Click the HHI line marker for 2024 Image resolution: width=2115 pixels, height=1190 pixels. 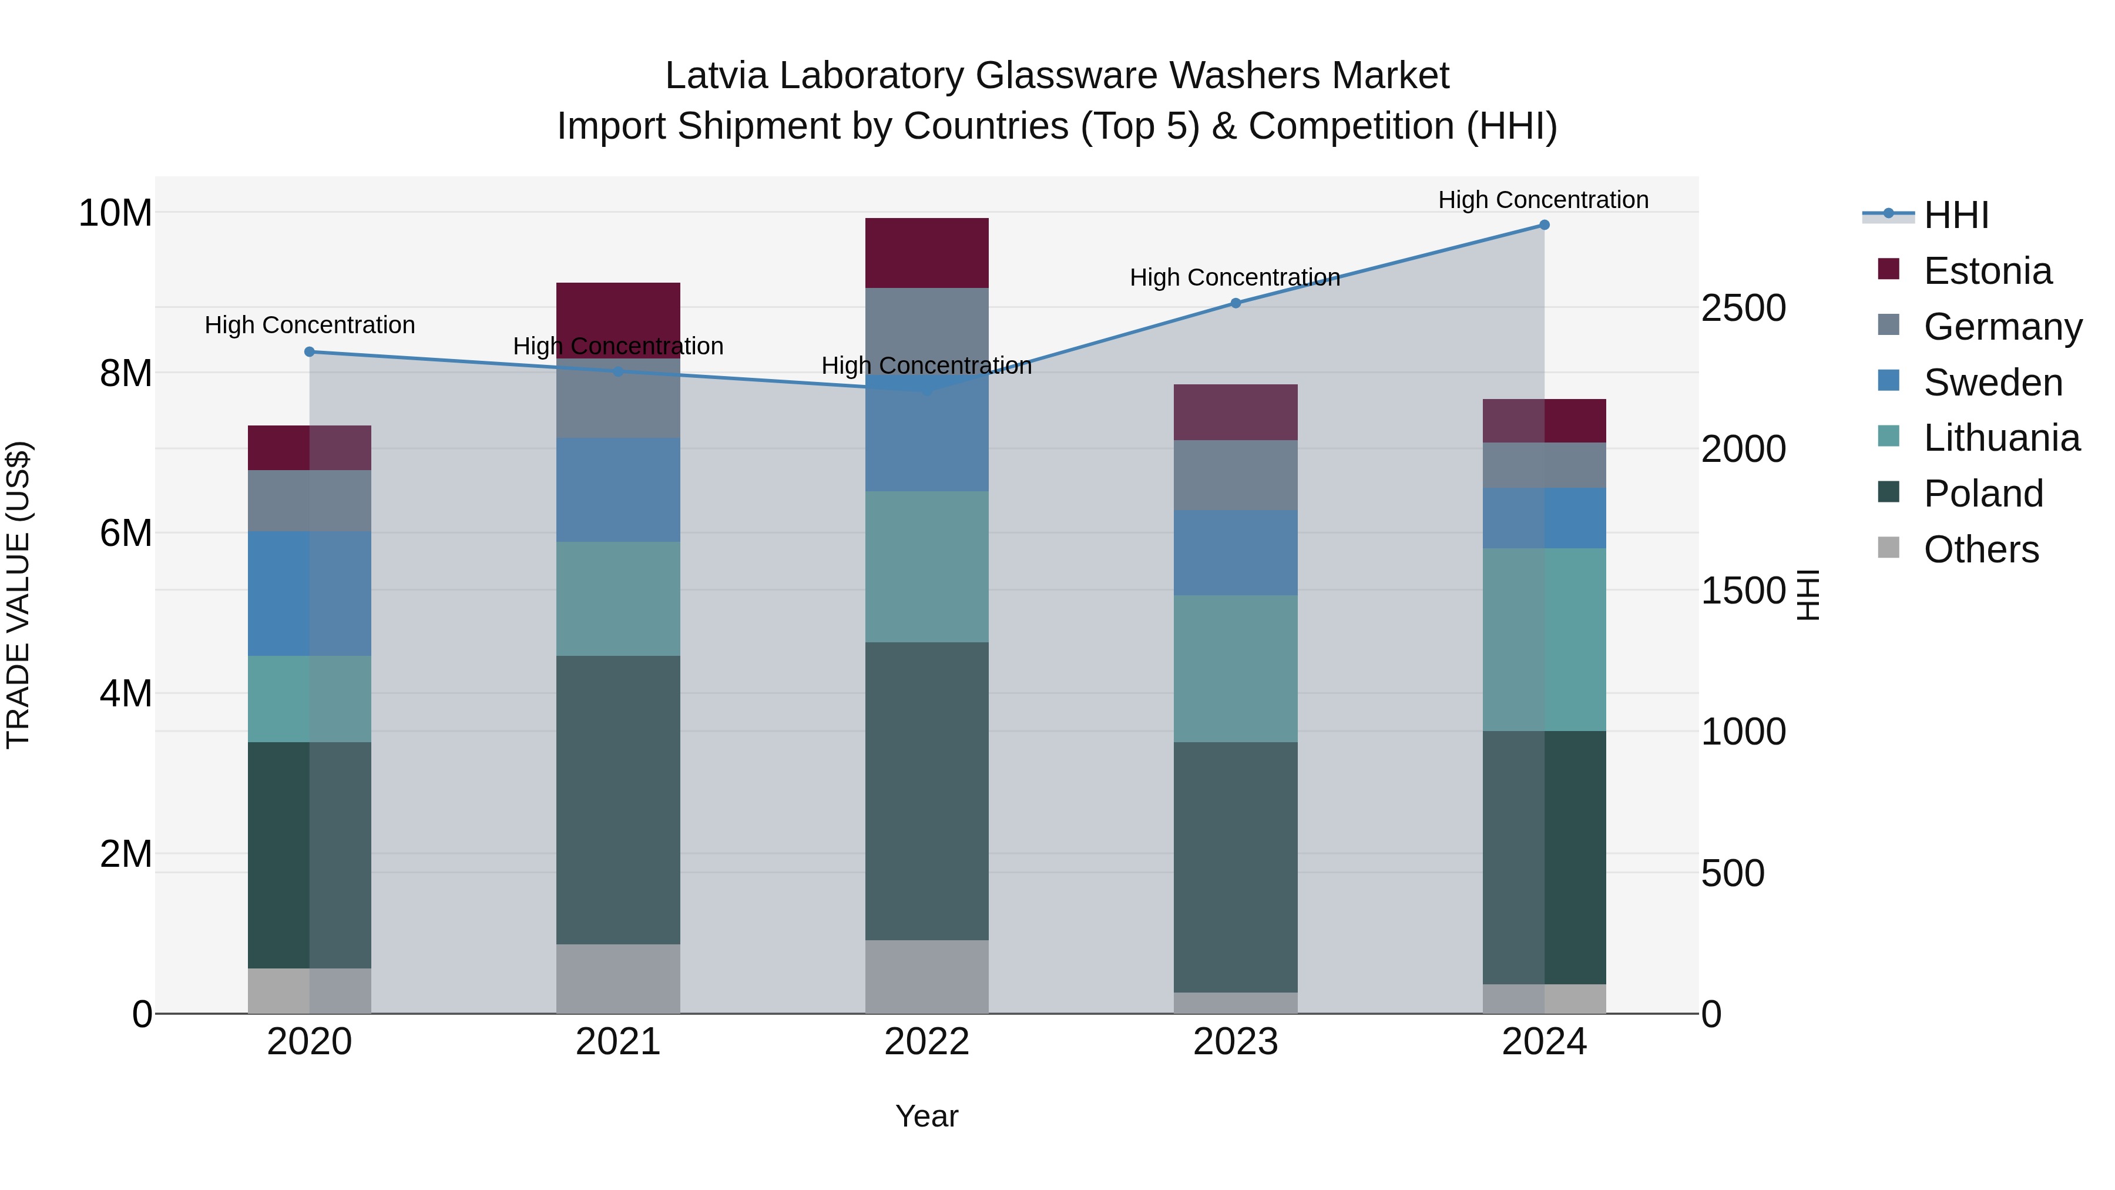point(1543,225)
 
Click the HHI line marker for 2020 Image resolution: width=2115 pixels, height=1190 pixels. point(310,351)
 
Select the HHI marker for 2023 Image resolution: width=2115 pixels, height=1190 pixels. point(1236,303)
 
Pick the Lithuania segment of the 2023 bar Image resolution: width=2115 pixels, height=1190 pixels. point(1235,669)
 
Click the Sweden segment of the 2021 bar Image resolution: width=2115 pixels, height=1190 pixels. point(617,490)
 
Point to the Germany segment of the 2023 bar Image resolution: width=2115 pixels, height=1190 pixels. point(1235,475)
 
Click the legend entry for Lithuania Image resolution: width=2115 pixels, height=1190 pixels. point(2001,438)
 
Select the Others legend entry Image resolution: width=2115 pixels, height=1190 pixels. point(1980,549)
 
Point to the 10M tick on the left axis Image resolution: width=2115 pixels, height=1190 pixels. point(115,213)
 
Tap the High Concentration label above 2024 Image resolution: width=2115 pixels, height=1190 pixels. point(1543,200)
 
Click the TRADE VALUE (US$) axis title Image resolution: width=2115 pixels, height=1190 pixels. point(18,595)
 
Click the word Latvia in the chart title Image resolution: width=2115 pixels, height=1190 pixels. point(716,76)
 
